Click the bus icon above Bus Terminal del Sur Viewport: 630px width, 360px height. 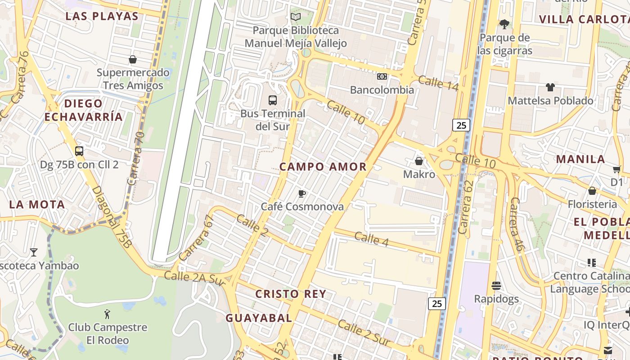272,100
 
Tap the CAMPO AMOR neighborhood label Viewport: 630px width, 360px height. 323,166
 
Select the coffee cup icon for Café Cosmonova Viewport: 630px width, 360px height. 302,193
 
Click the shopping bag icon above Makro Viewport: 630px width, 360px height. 419,161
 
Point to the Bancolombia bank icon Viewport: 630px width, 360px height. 382,76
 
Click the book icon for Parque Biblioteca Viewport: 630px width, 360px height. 295,17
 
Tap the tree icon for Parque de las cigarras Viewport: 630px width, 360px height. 504,24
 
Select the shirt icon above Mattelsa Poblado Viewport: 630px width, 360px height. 550,87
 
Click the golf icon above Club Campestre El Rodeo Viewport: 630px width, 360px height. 107,314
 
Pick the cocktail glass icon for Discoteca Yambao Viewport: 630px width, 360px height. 34,252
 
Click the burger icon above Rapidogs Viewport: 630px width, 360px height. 496,285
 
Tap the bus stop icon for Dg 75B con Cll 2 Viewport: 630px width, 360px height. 79,151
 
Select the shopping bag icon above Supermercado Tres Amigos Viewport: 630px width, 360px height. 133,59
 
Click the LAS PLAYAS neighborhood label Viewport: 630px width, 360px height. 102,16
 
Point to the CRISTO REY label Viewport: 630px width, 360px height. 291,294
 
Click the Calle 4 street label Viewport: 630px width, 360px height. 371,239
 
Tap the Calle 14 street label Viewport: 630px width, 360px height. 438,83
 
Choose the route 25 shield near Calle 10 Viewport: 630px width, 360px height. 461,125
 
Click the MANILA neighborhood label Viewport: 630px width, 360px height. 580,159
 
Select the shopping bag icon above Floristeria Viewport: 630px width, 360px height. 592,191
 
